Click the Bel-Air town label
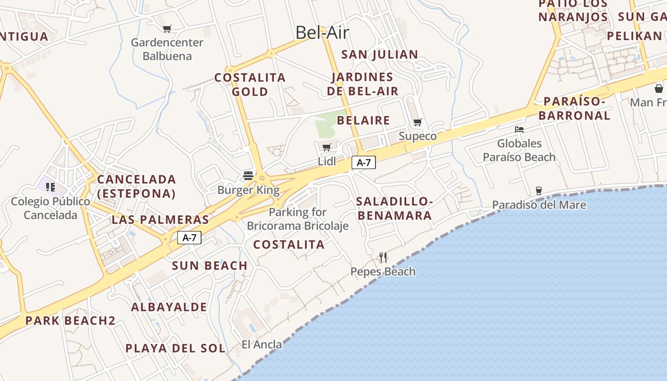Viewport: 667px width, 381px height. (x=322, y=32)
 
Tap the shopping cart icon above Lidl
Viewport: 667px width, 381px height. (x=326, y=147)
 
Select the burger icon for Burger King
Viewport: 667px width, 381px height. (x=248, y=175)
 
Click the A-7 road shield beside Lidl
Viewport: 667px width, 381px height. (x=364, y=163)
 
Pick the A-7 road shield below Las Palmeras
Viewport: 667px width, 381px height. (x=189, y=238)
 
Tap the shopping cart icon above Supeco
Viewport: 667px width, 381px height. (x=418, y=122)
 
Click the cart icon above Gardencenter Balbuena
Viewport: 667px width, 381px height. (x=167, y=29)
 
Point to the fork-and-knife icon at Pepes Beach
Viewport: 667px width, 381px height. (x=383, y=258)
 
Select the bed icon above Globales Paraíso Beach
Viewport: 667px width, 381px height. (x=519, y=129)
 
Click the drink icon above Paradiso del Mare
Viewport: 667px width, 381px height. (x=539, y=190)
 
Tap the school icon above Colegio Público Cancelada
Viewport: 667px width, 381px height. (x=51, y=187)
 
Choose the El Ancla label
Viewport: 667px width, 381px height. (x=262, y=344)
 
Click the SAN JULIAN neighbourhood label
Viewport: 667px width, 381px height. (x=380, y=54)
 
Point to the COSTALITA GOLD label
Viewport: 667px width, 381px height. (x=250, y=84)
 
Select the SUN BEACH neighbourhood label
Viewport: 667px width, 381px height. (x=210, y=266)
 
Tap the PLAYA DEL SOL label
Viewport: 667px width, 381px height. (x=175, y=348)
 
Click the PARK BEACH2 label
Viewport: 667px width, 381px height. (x=70, y=321)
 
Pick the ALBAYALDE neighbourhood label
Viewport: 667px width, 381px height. (x=169, y=307)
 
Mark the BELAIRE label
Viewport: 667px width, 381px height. (x=363, y=120)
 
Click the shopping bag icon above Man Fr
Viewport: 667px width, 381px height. (x=658, y=89)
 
